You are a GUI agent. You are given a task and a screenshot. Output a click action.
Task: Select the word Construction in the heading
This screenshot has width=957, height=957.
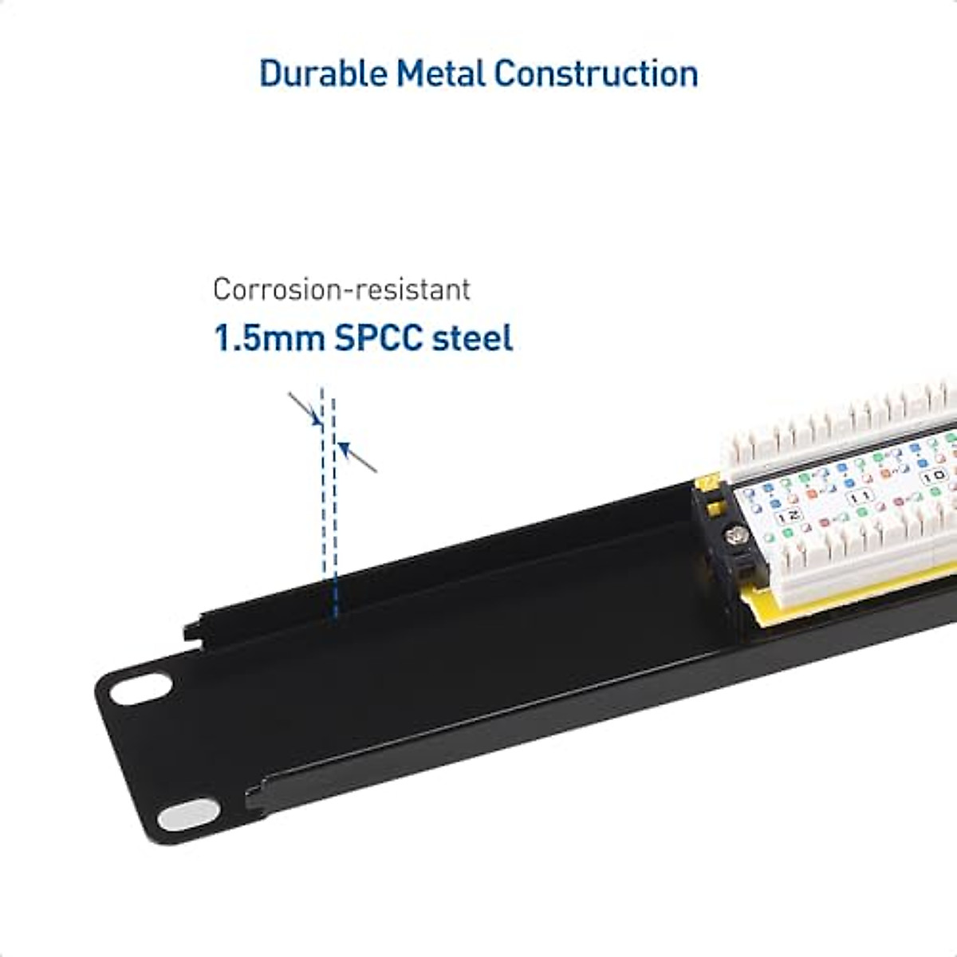pyautogui.click(x=596, y=73)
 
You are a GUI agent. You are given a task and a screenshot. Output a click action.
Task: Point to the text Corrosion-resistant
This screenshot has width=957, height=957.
pyautogui.click(x=341, y=289)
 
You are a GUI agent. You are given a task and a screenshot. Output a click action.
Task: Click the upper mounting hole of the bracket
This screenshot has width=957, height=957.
pyautogui.click(x=141, y=688)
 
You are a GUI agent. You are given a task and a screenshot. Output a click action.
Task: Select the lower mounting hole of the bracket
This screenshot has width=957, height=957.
pyautogui.click(x=188, y=814)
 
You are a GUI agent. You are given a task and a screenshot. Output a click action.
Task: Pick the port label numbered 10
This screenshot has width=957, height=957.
pyautogui.click(x=934, y=476)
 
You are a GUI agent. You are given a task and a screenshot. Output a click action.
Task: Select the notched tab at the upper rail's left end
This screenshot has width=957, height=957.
pyautogui.click(x=195, y=631)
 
